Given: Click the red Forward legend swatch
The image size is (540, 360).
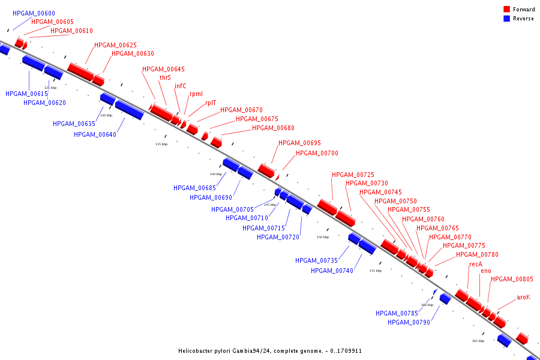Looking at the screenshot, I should (506, 9).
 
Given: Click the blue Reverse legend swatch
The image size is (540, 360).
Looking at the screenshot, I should (506, 18).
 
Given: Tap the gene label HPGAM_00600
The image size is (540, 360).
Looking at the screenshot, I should (34, 13).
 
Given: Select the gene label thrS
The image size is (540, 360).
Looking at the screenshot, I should (165, 77).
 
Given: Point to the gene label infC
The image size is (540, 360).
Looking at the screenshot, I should (181, 86).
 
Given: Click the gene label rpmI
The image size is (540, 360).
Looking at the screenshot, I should (196, 94).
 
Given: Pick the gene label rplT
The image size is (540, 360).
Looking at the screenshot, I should (211, 103).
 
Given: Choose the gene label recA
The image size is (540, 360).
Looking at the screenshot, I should (476, 264).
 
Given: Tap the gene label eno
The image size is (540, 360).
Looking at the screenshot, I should (486, 271).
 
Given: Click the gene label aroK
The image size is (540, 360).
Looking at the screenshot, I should (523, 298).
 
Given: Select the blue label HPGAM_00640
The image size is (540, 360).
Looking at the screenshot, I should (95, 134).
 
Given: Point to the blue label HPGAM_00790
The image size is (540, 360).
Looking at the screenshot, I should (409, 322).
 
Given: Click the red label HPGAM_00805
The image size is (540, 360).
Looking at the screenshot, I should (512, 279).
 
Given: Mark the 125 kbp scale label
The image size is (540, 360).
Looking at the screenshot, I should (50, 88).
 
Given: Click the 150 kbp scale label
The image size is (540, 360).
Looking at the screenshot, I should (323, 237).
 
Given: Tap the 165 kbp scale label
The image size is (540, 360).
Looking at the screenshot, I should (478, 341).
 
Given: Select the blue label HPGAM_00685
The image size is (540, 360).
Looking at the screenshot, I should (194, 188).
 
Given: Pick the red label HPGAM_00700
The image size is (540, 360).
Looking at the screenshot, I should (317, 153).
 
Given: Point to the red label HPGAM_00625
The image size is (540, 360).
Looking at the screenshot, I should (115, 45).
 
